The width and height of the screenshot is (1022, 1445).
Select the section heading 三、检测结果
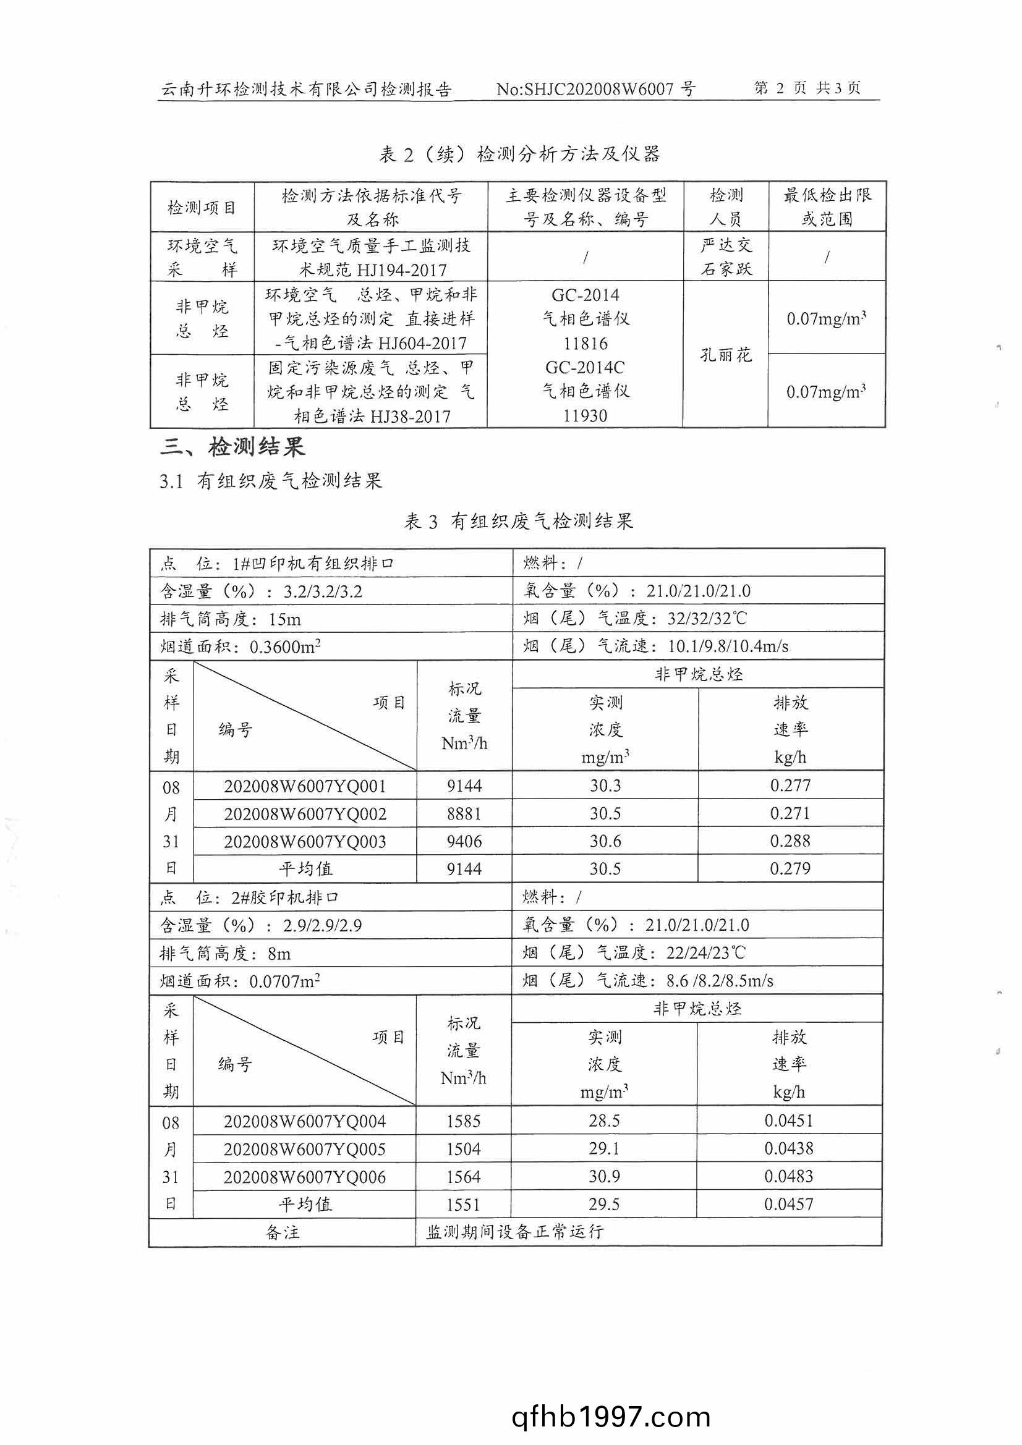[232, 447]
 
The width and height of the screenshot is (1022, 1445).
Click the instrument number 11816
[585, 343]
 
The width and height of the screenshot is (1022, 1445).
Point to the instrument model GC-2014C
[585, 368]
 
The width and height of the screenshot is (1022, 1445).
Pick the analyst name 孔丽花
[725, 355]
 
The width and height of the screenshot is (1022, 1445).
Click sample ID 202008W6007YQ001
[305, 786]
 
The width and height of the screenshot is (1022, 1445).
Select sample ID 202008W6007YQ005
[304, 1149]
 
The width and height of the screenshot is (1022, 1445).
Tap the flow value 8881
[464, 814]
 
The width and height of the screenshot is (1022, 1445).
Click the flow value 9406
[464, 841]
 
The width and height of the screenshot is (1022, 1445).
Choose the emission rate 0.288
[790, 841]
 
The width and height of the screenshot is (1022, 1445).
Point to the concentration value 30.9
[604, 1176]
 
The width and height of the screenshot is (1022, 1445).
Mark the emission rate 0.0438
[788, 1148]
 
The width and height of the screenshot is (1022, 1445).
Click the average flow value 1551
[463, 1205]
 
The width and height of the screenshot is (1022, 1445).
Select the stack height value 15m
[284, 619]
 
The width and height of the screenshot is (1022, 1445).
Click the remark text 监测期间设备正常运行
[514, 1232]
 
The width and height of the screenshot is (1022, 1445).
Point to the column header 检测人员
[725, 206]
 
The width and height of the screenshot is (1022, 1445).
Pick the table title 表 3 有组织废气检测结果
[517, 521]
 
